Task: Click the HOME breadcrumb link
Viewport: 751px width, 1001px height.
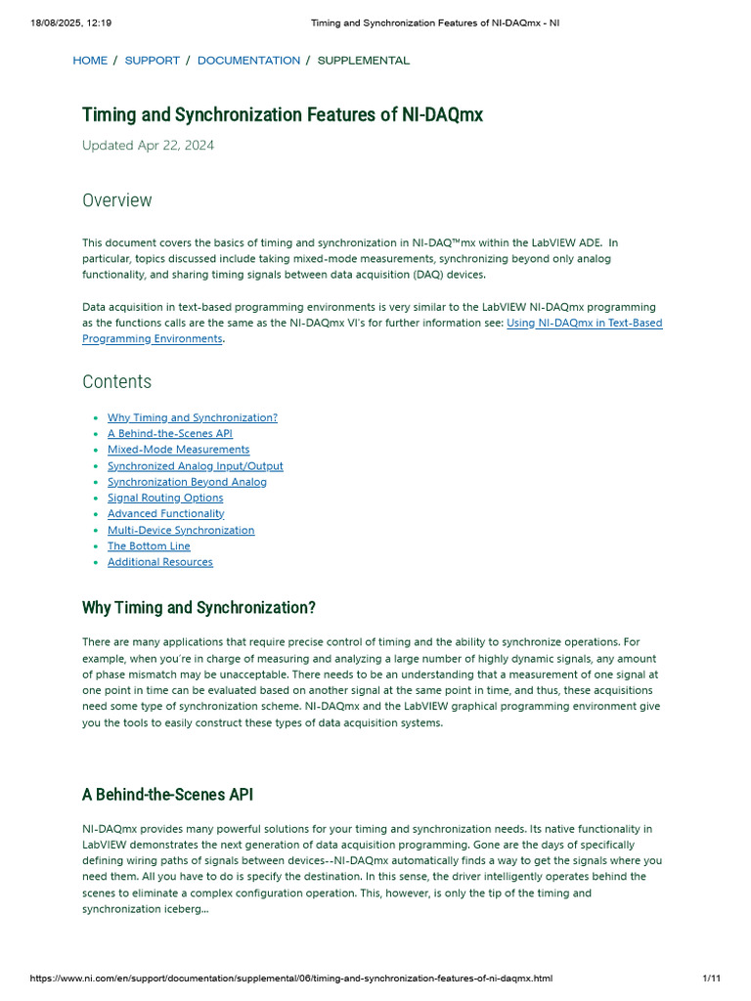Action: pyautogui.click(x=90, y=61)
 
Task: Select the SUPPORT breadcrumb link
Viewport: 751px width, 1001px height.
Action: pyautogui.click(x=153, y=61)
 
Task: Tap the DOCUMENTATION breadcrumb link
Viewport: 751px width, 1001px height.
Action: pyautogui.click(x=248, y=61)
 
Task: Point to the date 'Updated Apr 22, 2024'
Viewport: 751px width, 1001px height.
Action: pyautogui.click(x=148, y=146)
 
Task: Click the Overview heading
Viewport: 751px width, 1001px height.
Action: pyautogui.click(x=117, y=200)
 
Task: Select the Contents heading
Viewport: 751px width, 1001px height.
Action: pyautogui.click(x=117, y=382)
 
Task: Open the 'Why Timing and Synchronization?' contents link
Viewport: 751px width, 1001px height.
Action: pyautogui.click(x=193, y=418)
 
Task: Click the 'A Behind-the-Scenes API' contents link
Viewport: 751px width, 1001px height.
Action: pyautogui.click(x=170, y=434)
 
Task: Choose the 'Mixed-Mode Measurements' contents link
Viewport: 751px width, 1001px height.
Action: pyautogui.click(x=178, y=450)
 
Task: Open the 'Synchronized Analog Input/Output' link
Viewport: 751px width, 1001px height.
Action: pyautogui.click(x=196, y=466)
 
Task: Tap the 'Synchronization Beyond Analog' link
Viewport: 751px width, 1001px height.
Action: pyautogui.click(x=187, y=482)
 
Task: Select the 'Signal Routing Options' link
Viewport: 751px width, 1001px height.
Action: pyautogui.click(x=165, y=499)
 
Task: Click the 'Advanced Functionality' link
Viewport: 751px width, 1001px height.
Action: pyautogui.click(x=166, y=514)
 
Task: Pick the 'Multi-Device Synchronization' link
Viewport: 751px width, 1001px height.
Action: pyautogui.click(x=181, y=531)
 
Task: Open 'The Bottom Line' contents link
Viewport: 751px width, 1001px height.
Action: pyautogui.click(x=149, y=546)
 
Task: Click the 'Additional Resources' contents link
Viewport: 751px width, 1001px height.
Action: pyautogui.click(x=160, y=563)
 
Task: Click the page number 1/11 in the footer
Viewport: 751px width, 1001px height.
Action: pyautogui.click(x=711, y=979)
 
